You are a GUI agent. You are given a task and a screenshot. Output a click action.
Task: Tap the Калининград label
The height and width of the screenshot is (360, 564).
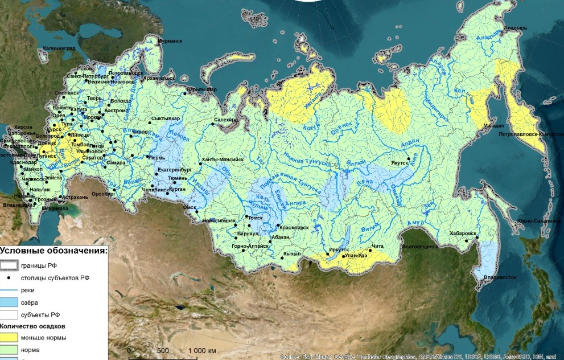tap(59, 49)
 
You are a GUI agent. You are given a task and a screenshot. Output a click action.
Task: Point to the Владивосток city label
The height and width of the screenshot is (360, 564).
tap(500, 277)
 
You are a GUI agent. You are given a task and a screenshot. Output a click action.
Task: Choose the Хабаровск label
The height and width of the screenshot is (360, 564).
tap(462, 233)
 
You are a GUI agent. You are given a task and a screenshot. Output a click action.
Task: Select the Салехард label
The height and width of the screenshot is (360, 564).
tap(226, 120)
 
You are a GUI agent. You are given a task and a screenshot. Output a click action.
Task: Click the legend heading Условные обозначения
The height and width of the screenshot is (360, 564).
tap(53, 251)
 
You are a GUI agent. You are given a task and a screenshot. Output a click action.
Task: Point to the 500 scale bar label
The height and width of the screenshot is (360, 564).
tap(163, 350)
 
